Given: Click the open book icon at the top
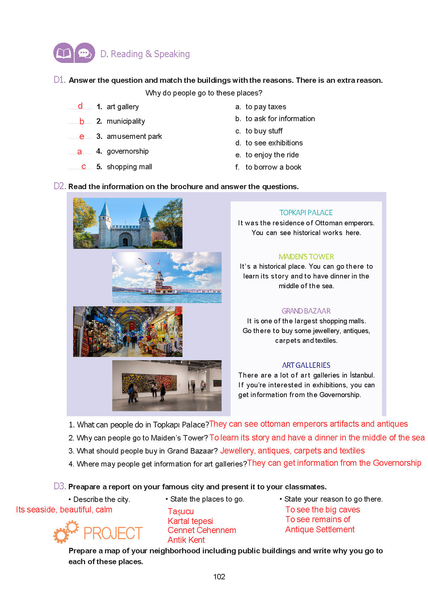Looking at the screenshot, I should tap(63, 53).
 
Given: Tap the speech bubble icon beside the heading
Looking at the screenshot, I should tap(85, 53).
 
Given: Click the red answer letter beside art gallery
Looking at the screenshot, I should tap(80, 106).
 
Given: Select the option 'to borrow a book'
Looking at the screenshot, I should tap(273, 167).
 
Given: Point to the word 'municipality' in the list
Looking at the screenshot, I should tap(126, 121).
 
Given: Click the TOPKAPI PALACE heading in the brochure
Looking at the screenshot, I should tap(306, 213).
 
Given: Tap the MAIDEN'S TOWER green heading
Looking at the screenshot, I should tap(306, 257).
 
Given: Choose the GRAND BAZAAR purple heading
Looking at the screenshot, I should tap(306, 311).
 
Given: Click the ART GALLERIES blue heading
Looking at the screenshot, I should tap(306, 365).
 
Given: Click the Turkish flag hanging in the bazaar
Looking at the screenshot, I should tap(132, 325).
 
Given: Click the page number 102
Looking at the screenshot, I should tap(219, 577).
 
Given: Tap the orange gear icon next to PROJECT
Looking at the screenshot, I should tap(65, 532).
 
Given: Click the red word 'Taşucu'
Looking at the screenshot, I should tap(181, 511).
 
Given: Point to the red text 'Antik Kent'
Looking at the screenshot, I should tap(186, 540).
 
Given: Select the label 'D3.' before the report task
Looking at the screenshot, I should tap(60, 486).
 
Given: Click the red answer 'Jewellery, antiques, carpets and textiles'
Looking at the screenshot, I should tap(292, 451).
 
